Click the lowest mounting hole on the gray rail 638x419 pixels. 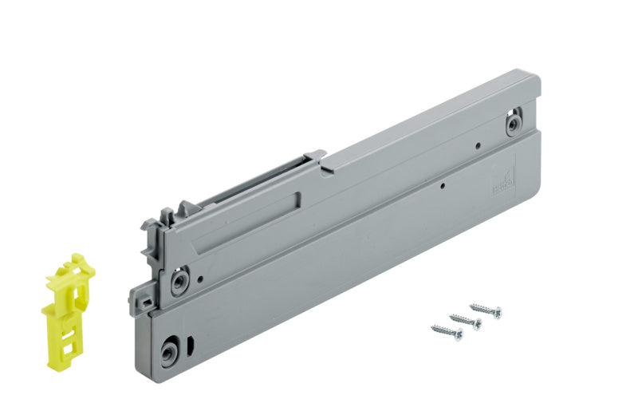(x=170, y=352)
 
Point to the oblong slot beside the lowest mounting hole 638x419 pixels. (x=192, y=344)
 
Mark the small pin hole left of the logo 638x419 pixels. (x=442, y=185)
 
